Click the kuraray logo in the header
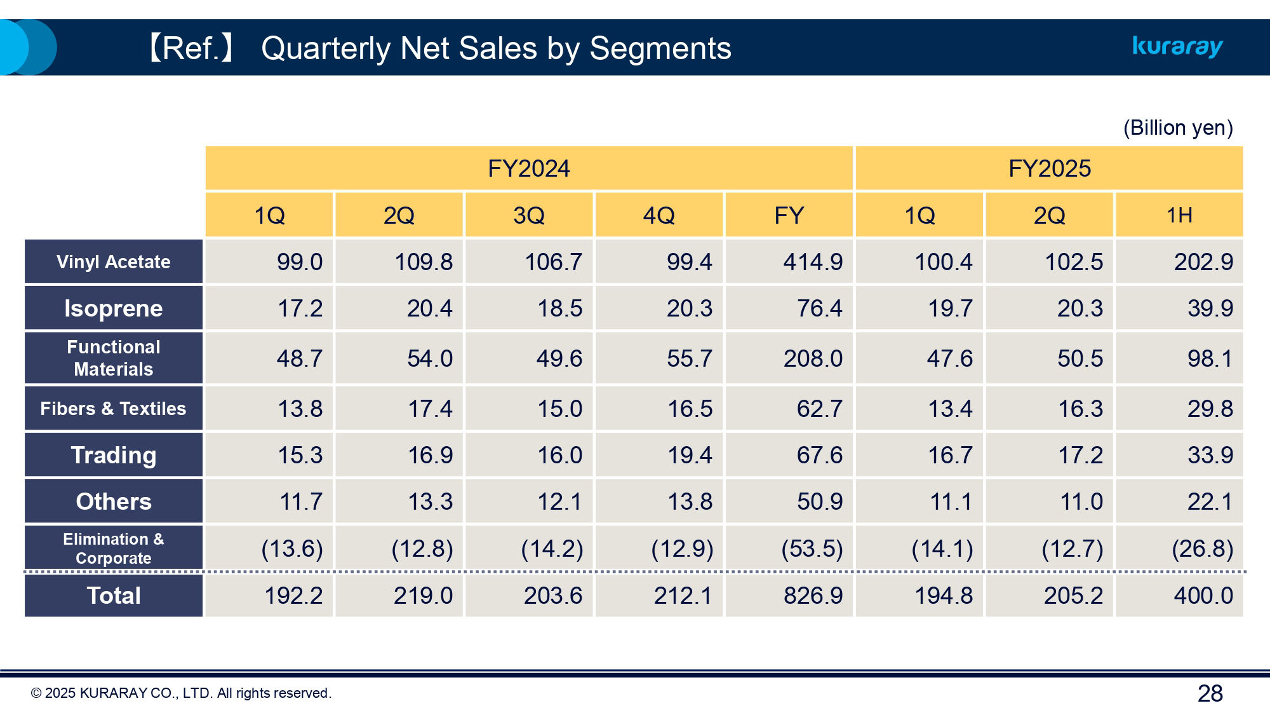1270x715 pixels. [x=1177, y=46]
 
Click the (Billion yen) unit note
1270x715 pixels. [x=1178, y=128]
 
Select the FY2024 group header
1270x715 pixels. [x=528, y=168]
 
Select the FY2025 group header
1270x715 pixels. [x=1049, y=168]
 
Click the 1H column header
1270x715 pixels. [x=1179, y=215]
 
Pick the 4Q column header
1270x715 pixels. [x=658, y=215]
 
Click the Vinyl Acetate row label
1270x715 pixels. [x=114, y=262]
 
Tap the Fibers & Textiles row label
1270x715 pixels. [x=114, y=409]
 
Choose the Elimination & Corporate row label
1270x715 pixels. [x=114, y=548]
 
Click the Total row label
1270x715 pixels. [x=114, y=596]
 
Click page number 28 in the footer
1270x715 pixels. [x=1210, y=693]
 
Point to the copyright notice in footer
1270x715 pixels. [x=181, y=693]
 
